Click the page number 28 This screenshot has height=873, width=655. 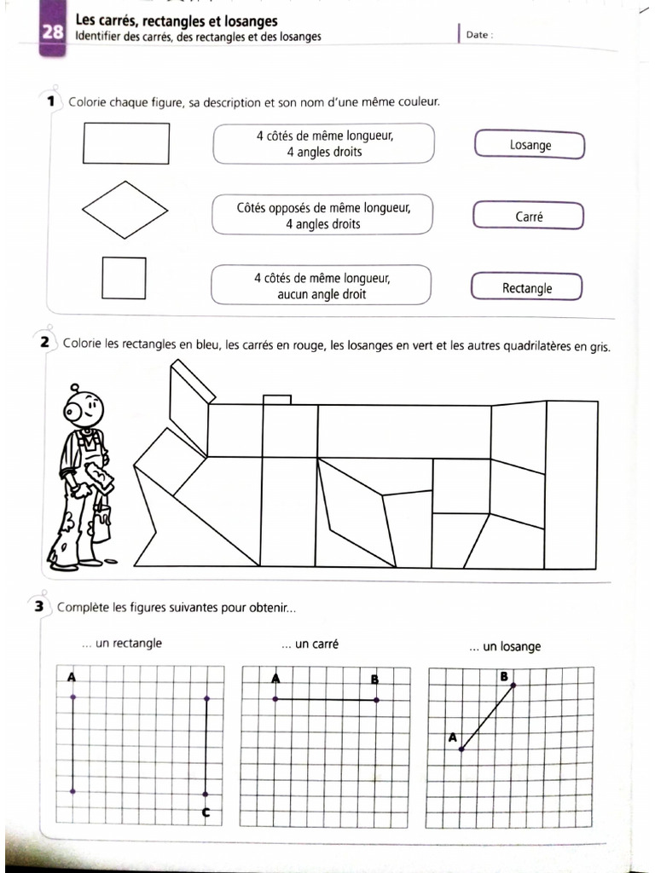pos(51,32)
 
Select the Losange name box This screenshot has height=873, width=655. pos(529,145)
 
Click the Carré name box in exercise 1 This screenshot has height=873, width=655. pos(528,217)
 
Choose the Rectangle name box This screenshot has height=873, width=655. pos(526,288)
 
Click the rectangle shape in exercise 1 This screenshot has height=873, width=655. pos(126,142)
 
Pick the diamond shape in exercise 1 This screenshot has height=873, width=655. pos(125,210)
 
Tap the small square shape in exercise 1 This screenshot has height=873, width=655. pos(124,277)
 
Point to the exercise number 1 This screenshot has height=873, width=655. pos(52,101)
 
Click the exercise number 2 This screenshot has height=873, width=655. pos(44,344)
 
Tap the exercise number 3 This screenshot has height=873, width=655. pos(39,607)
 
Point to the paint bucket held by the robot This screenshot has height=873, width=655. pos(101,522)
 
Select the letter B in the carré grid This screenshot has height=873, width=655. pos(375,679)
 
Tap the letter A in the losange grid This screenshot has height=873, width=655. pos(451,737)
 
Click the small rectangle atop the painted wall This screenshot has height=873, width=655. pos(277,399)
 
